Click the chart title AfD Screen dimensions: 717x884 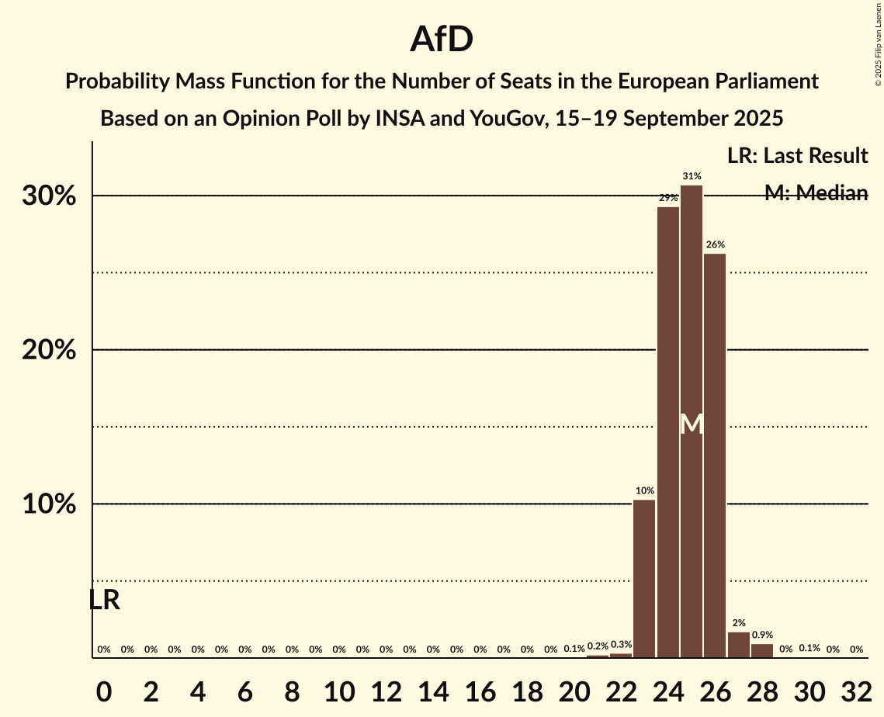pos(442,39)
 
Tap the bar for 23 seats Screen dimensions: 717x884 pos(644,579)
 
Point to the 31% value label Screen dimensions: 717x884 pos(692,177)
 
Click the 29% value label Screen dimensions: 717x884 pos(668,199)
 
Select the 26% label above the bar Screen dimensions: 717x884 pos(715,245)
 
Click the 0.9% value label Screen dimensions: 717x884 pos(762,636)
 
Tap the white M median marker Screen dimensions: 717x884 pos(692,424)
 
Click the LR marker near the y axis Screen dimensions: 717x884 pos(104,600)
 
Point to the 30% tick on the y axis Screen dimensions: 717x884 pos(49,196)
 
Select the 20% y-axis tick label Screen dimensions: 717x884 pos(49,351)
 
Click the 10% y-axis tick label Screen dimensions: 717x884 pos(49,505)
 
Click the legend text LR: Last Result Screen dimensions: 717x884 pos(797,156)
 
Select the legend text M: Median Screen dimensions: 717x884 pos(816,193)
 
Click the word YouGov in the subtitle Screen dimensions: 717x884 pos(490,119)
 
